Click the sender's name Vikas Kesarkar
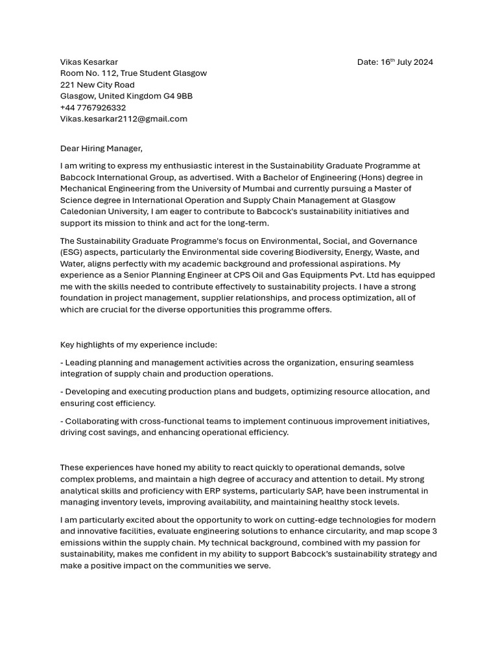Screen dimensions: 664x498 (x=89, y=62)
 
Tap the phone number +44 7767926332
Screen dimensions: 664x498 (x=93, y=108)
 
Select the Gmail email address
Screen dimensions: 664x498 (x=123, y=119)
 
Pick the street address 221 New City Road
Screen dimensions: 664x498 (x=97, y=85)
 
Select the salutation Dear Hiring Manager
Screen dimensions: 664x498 (x=101, y=148)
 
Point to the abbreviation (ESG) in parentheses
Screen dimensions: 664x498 (x=72, y=252)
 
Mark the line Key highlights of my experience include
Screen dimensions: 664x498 (x=139, y=344)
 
